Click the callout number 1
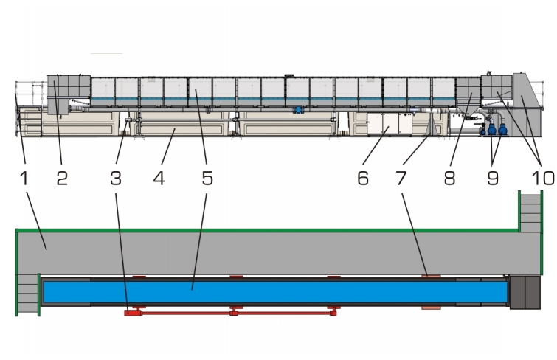coord(24,178)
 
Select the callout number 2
coord(62,178)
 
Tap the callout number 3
coord(116,178)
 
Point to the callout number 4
coord(159,178)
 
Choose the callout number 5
coord(207,178)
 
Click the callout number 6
coord(363,178)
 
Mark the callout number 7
coord(401,178)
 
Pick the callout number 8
coord(450,178)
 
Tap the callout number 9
coord(493,178)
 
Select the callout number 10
coord(543,178)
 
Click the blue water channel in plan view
coord(275,292)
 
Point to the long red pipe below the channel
coord(230,313)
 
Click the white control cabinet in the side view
coord(390,124)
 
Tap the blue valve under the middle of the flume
coord(298,110)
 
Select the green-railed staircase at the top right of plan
coord(530,212)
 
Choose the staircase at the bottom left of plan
coord(28,294)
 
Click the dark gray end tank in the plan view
coord(525,292)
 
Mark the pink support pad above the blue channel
coord(431,276)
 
